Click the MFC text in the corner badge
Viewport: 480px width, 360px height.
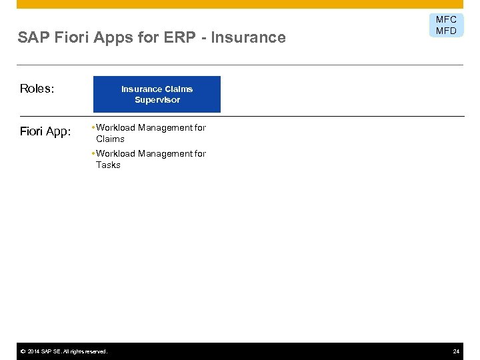[x=446, y=20]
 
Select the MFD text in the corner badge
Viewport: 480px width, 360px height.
[x=446, y=31]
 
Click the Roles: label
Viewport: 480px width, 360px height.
[x=37, y=89]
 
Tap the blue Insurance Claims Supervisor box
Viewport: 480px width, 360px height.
[x=157, y=94]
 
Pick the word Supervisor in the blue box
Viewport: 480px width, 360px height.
[x=157, y=100]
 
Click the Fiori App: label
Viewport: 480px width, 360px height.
[x=45, y=131]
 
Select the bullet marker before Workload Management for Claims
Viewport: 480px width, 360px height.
[x=93, y=127]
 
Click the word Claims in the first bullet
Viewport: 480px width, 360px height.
[x=110, y=139]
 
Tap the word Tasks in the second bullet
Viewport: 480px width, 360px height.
[x=108, y=165]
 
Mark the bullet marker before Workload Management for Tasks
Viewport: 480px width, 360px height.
[x=93, y=153]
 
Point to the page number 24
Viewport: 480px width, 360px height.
[x=456, y=351]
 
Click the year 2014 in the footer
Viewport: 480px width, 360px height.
[x=35, y=351]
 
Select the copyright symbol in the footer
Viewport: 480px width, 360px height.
[x=23, y=351]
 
